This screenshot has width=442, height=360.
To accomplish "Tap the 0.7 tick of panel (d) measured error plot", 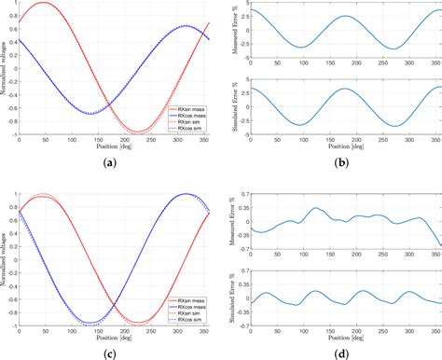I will point(244,195).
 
